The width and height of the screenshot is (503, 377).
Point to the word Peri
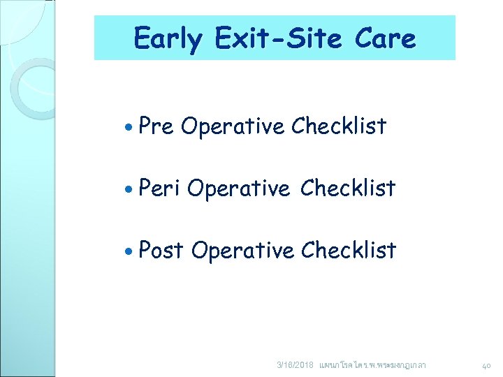click(159, 188)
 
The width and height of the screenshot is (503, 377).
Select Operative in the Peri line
click(238, 188)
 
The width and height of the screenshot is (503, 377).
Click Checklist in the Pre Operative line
click(339, 126)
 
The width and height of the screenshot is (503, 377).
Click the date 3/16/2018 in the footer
click(296, 365)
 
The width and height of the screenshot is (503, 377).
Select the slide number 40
click(487, 365)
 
